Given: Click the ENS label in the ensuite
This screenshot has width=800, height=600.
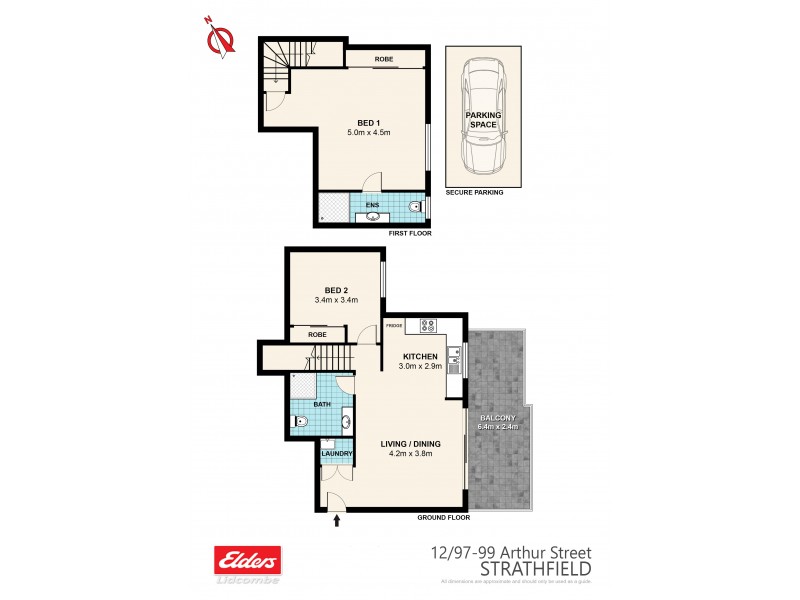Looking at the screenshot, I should (x=372, y=205).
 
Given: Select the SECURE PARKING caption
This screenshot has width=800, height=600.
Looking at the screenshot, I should (x=474, y=192).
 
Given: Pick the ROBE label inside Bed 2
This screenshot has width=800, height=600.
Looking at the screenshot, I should (x=317, y=334).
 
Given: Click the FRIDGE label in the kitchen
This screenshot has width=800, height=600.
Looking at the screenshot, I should (x=394, y=326).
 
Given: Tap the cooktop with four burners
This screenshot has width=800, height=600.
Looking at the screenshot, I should (x=428, y=324).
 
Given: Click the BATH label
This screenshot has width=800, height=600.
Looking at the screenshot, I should (x=322, y=405).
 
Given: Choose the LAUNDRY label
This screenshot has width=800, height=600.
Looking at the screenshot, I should (x=336, y=455).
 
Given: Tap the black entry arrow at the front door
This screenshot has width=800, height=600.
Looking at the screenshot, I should (x=337, y=519).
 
